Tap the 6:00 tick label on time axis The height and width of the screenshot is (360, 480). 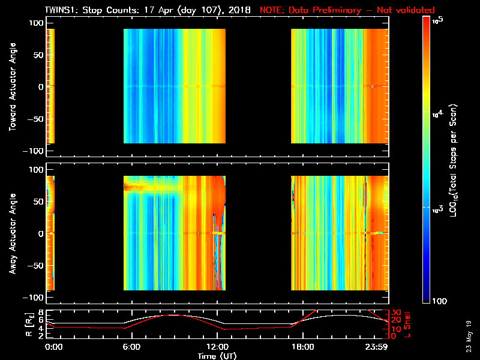[131, 347]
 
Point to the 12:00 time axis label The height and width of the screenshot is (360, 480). [217, 347]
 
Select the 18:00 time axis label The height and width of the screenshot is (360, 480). [302, 347]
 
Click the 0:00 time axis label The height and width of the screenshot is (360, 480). [54, 347]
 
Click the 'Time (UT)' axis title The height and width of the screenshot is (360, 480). [217, 356]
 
